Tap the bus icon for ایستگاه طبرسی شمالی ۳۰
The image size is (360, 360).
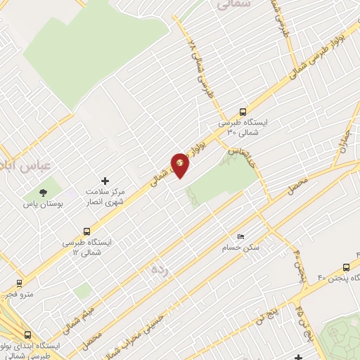243,111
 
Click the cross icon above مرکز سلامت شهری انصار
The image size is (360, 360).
105,181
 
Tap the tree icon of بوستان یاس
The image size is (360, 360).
44,191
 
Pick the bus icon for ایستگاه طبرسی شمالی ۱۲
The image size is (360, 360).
86,231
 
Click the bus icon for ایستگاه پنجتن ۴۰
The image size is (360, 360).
346,267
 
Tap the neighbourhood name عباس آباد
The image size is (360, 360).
21,166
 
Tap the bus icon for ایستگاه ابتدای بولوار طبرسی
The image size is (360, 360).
27,336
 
